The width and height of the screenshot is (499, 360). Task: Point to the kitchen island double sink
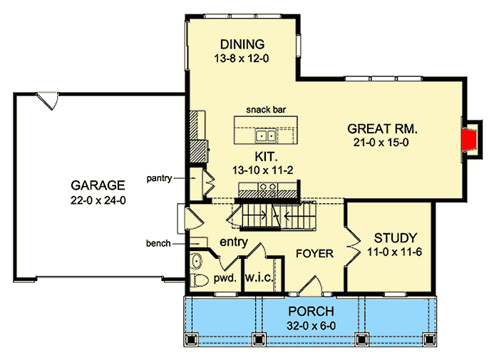[x=267, y=135]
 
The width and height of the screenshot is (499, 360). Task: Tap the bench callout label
[x=159, y=243]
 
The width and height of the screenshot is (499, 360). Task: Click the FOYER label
[x=314, y=253]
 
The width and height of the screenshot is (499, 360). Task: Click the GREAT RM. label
[x=381, y=129]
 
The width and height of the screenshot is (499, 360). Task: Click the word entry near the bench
[x=233, y=242]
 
